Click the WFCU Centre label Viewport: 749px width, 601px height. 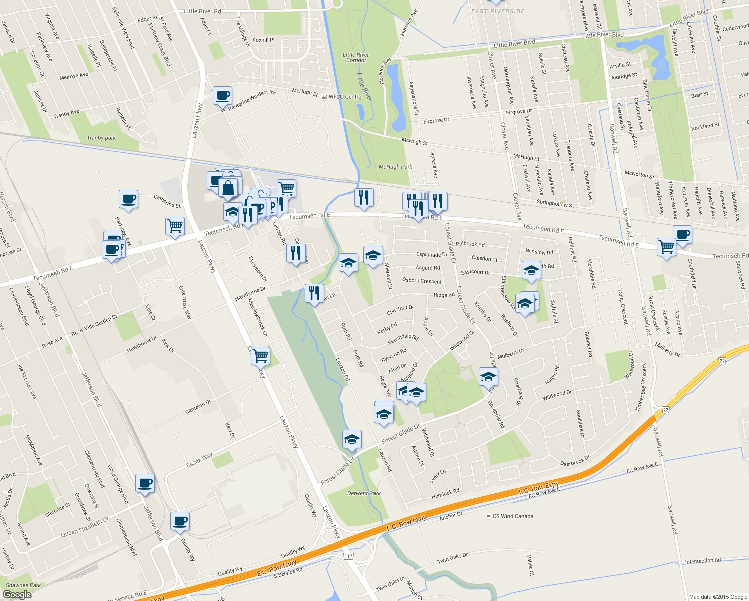click(345, 97)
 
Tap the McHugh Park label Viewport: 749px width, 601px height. click(395, 167)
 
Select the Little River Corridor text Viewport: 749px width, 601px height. click(356, 58)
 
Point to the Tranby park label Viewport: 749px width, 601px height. click(101, 138)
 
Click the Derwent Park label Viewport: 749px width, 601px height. click(364, 493)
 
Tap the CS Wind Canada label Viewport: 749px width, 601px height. click(513, 516)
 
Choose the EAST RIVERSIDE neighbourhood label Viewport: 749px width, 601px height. click(498, 11)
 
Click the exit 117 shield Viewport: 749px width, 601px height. click(348, 556)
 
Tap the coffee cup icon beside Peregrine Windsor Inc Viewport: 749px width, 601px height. click(222, 95)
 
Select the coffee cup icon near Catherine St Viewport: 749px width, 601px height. click(128, 199)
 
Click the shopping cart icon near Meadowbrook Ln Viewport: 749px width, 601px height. click(260, 356)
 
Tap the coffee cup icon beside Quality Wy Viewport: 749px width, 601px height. click(180, 521)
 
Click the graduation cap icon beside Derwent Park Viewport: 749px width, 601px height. click(352, 439)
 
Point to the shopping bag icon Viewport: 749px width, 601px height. click(228, 188)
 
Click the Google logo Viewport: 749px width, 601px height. click(17, 595)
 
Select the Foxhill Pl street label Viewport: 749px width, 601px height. click(264, 40)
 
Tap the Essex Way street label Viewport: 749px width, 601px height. click(199, 460)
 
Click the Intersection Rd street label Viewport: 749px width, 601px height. click(703, 561)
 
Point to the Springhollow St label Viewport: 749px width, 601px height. click(555, 204)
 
